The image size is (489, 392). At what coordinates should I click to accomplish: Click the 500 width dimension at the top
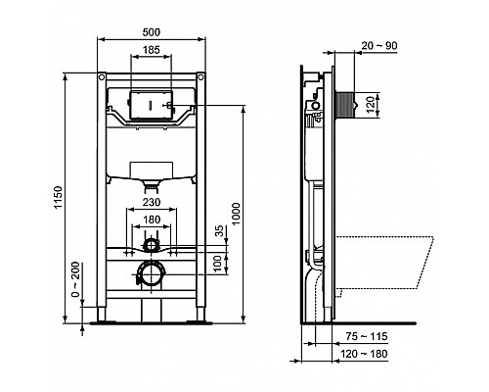pos(152,33)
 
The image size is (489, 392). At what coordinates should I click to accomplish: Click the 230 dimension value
pos(152,203)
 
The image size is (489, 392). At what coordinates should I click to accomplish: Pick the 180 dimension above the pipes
pos(152,220)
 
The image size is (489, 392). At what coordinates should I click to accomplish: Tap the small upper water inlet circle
pos(152,245)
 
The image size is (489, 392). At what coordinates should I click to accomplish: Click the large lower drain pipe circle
pos(152,273)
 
